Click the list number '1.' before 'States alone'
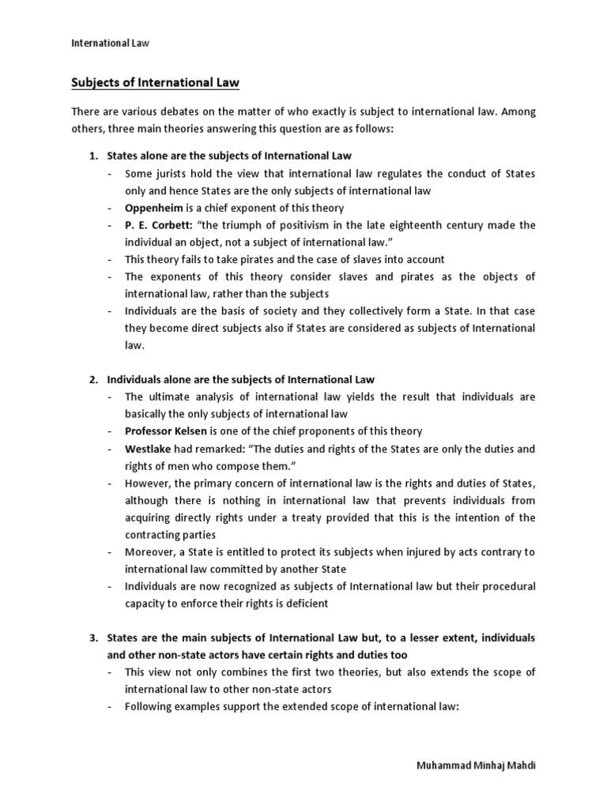point(92,156)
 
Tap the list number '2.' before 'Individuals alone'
point(92,380)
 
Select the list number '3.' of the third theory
point(92,638)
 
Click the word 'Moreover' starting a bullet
point(150,552)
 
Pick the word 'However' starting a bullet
point(148,484)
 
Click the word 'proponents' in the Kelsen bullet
point(304,431)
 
